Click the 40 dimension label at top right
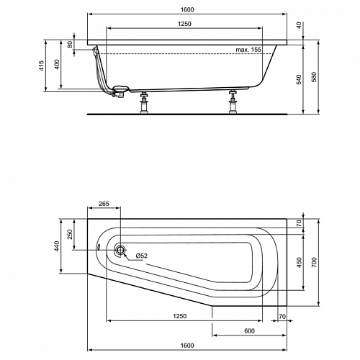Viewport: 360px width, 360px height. [x=299, y=25]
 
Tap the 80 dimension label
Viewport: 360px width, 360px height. [x=70, y=44]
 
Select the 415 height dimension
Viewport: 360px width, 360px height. [x=42, y=66]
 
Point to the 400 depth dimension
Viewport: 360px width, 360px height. [x=57, y=64]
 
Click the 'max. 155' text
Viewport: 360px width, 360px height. [x=248, y=50]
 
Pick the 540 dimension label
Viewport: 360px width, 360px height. [x=299, y=79]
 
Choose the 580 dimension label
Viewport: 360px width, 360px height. [x=314, y=77]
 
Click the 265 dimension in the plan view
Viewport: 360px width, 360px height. [x=104, y=204]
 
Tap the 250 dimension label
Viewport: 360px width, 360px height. [x=70, y=234]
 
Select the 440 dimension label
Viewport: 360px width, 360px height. [x=57, y=246]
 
